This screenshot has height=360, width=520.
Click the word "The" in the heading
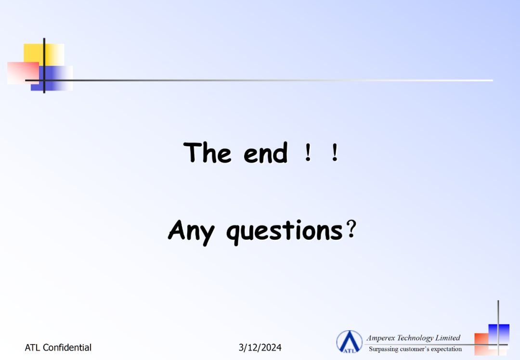207,153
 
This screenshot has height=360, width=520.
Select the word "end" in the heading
266,153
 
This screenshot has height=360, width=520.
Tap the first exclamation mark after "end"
308,153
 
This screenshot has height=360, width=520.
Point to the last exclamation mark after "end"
335,153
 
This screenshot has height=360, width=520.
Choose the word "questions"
285,231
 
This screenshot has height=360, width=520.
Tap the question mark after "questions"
351,229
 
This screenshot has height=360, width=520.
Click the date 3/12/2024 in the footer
260,347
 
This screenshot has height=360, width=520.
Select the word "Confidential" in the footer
67,347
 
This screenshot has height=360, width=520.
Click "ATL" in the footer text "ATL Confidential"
33,347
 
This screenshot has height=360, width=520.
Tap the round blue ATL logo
349,341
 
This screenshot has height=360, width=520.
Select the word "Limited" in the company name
448,338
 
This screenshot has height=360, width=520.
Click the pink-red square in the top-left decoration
23,73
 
